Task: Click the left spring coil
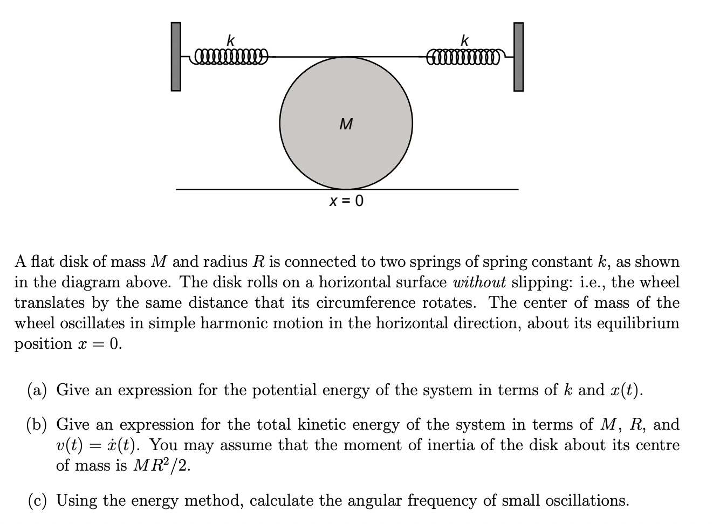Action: (231, 55)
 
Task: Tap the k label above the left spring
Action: (230, 40)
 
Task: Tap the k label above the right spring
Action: (465, 40)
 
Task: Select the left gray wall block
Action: (176, 57)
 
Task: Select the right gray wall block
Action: (518, 57)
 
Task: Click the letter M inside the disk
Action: (346, 125)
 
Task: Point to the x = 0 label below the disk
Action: (346, 201)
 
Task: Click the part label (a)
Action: (37, 390)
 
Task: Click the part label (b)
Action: (37, 425)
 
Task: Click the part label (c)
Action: (37, 501)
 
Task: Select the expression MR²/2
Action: (161, 466)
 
